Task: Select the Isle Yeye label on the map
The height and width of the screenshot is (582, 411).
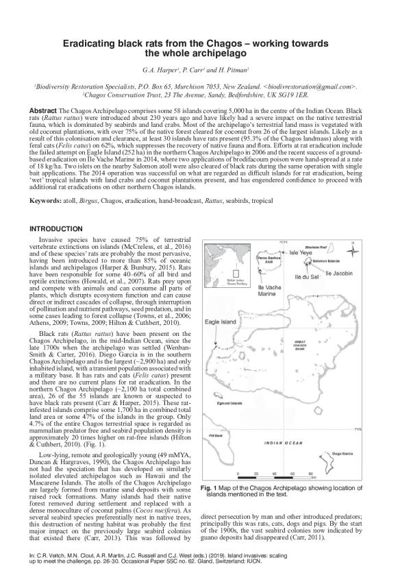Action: click(301, 252)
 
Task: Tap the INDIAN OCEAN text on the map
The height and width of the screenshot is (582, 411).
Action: click(283, 443)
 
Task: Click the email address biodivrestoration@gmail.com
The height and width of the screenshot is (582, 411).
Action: click(312, 88)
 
